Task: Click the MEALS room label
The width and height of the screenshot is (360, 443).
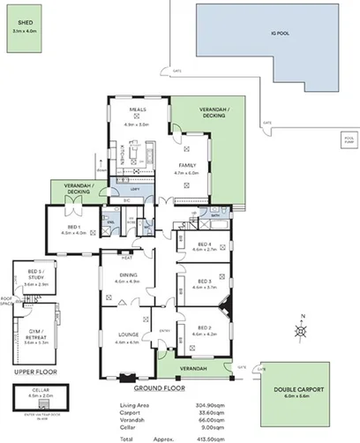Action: coord(137,109)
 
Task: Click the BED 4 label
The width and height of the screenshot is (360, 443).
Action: coord(204,244)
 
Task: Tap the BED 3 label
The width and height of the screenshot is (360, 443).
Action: coord(204,282)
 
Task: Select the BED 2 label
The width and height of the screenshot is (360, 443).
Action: coord(204,329)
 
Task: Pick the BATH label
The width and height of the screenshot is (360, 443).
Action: coord(214,214)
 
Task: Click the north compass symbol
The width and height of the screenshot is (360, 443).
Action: coord(302,331)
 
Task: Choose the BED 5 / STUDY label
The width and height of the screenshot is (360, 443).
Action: coord(35,280)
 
